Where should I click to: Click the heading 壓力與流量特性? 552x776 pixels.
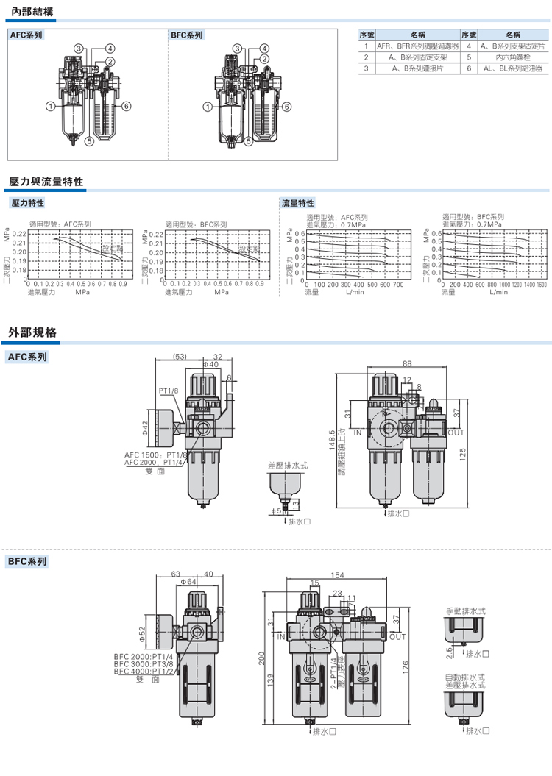46,182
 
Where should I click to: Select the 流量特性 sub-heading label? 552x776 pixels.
298,202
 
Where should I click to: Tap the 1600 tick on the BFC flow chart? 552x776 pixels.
541,285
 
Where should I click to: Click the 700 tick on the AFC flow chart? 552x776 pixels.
398,285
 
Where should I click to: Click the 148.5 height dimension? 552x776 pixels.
333,441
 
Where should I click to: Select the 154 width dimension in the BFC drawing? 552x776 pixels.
338,575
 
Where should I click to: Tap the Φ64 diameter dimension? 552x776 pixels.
188,582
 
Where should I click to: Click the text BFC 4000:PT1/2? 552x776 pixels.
144,672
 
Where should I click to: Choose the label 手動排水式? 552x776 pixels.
466,611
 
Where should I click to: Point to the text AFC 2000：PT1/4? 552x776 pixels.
155,462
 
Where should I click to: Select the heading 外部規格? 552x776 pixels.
32,332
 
